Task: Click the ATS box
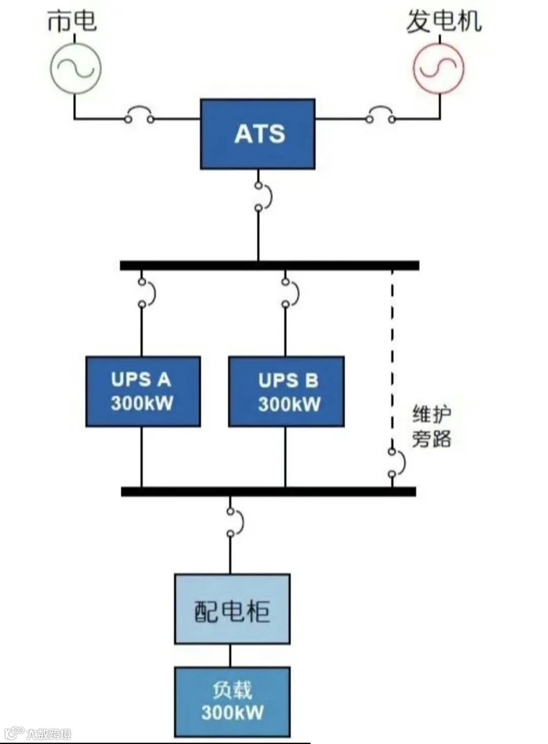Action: pyautogui.click(x=258, y=134)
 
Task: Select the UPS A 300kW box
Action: pyautogui.click(x=143, y=392)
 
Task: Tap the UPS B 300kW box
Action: pyautogui.click(x=286, y=392)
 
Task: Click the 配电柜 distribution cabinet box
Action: pyautogui.click(x=232, y=609)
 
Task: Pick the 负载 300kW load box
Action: pyautogui.click(x=232, y=701)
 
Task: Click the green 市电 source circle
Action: pyautogui.click(x=76, y=69)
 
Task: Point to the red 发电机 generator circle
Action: pyautogui.click(x=439, y=69)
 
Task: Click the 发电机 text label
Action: pyautogui.click(x=443, y=22)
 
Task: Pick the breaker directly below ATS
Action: pyautogui.click(x=262, y=197)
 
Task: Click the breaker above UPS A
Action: pyautogui.click(x=146, y=293)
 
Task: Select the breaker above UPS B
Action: pyautogui.click(x=289, y=293)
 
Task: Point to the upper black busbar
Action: pyautogui.click(x=269, y=266)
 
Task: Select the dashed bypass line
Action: pyautogui.click(x=392, y=355)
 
